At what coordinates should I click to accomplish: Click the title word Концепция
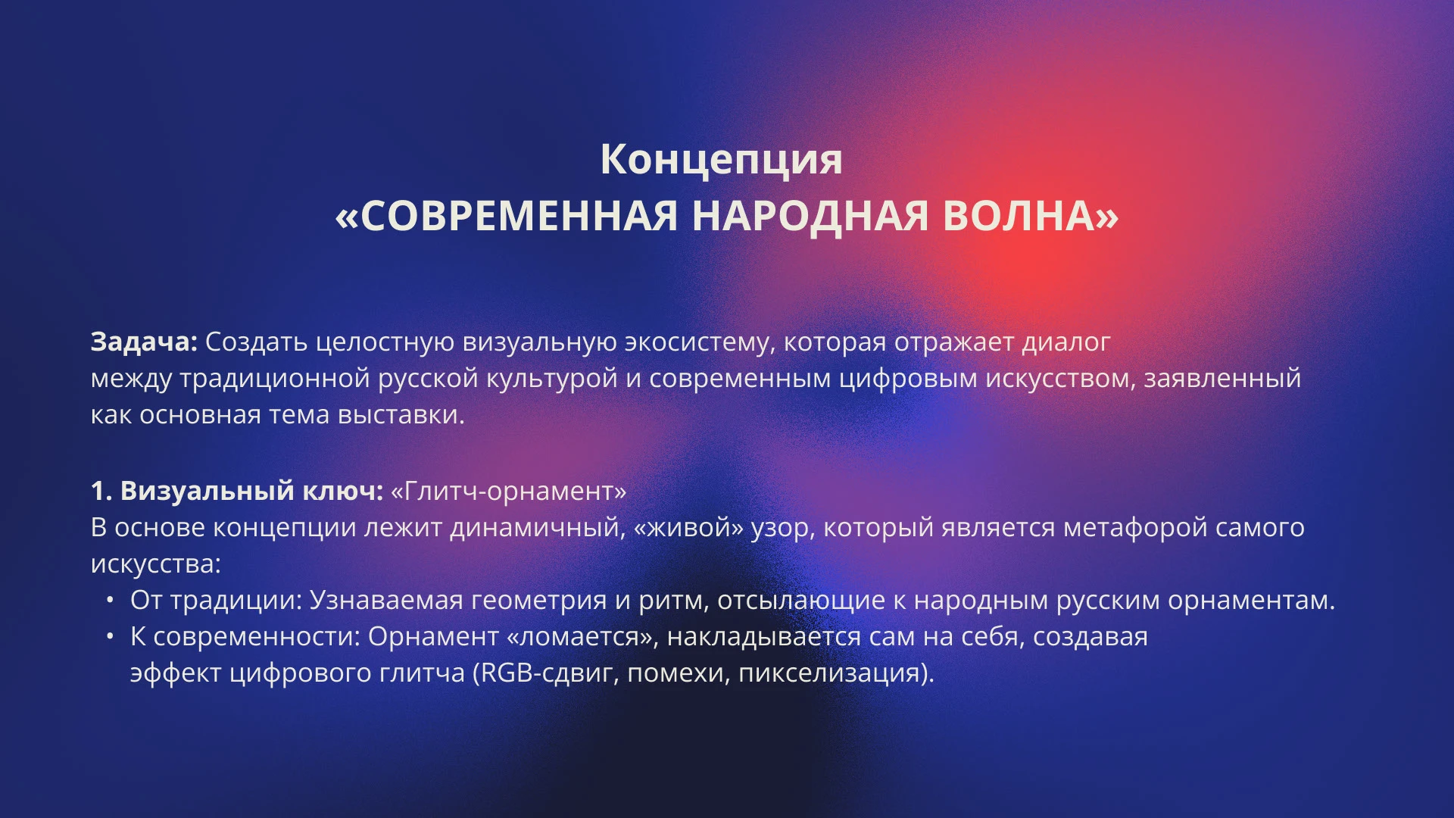[x=721, y=160]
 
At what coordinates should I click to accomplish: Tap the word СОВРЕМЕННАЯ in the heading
[x=519, y=216]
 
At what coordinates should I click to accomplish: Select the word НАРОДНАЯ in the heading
[x=810, y=216]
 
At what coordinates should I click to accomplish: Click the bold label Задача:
[x=144, y=342]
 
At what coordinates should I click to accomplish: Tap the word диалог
[x=1066, y=342]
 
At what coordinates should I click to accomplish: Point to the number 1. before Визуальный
[x=101, y=491]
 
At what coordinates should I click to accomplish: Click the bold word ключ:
[x=343, y=491]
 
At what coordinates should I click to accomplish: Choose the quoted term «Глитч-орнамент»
[x=509, y=491]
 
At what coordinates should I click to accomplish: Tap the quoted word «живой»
[x=689, y=527]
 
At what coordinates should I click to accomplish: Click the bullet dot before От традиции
[x=111, y=600]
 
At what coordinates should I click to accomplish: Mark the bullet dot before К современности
[x=111, y=636]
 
